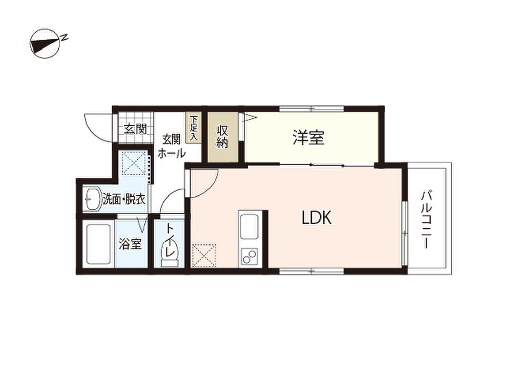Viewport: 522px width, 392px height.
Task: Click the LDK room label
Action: [317, 218]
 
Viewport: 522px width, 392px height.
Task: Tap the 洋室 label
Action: [308, 138]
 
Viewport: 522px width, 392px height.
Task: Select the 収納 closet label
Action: [222, 136]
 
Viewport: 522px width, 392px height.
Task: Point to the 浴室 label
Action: [130, 244]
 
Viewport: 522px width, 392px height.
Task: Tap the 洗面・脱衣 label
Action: [124, 199]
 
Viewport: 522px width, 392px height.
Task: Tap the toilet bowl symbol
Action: [169, 254]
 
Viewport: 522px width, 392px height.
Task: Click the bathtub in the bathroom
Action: [98, 244]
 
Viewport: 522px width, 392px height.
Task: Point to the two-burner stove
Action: [250, 256]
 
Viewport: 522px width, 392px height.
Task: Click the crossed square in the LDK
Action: [204, 256]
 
